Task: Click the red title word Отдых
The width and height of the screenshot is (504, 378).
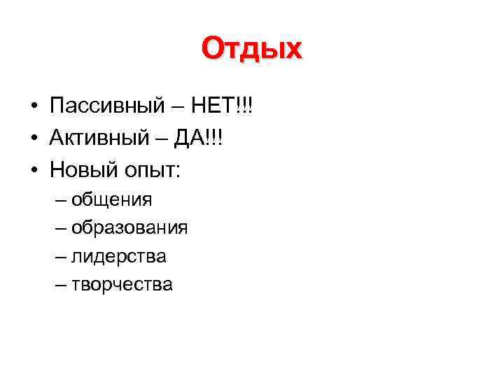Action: coord(252,50)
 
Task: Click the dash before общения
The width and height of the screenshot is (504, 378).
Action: coord(59,201)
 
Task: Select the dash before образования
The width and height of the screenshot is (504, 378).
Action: coord(59,229)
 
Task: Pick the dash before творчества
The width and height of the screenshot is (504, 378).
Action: coord(59,286)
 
